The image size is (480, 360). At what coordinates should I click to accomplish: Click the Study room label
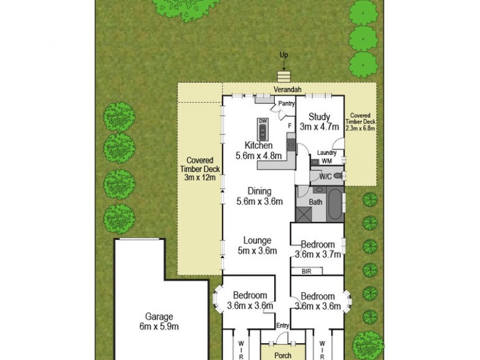[320, 116]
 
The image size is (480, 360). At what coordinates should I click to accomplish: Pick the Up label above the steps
[284, 55]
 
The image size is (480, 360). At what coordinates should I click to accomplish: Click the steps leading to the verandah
[283, 77]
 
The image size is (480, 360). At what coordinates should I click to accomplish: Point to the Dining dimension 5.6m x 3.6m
[259, 202]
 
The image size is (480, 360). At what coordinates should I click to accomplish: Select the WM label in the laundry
[326, 161]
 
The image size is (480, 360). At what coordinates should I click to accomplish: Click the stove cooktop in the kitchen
[291, 143]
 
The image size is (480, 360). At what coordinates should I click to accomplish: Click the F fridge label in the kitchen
[290, 126]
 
